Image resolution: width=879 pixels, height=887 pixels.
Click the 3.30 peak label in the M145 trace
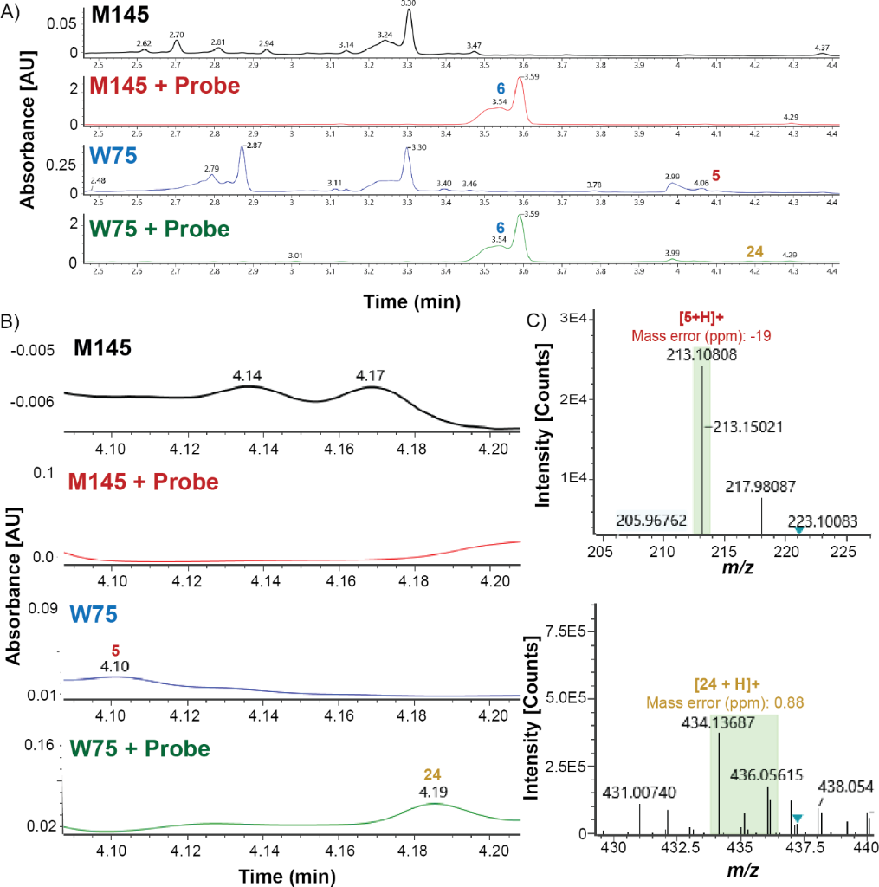pyautogui.click(x=409, y=4)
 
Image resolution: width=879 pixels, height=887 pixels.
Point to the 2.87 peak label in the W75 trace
pyautogui.click(x=254, y=146)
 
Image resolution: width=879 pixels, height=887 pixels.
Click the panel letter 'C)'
pyautogui.click(x=538, y=320)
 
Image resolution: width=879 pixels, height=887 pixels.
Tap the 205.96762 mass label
pyautogui.click(x=653, y=521)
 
